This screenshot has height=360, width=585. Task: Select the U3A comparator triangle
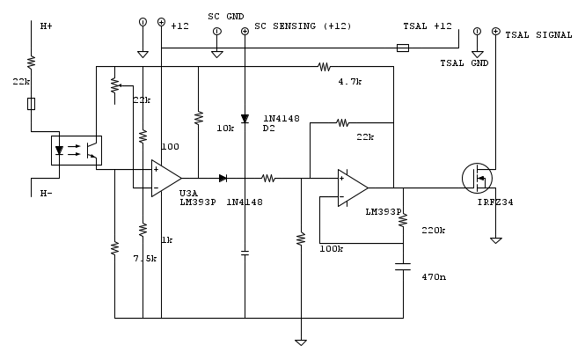tap(165, 179)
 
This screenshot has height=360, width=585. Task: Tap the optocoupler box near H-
tap(76, 151)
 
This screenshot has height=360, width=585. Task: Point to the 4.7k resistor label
tap(350, 81)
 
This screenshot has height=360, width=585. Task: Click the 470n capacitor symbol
tap(403, 267)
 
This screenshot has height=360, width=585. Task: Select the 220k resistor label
tap(434, 231)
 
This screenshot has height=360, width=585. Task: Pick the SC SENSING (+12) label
tap(302, 26)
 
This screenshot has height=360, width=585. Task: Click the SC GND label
tap(226, 17)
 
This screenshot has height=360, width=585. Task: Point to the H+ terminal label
tap(47, 26)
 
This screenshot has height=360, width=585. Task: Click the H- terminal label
tap(47, 193)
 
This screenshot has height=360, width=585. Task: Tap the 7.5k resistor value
tap(144, 258)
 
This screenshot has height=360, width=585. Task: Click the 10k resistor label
tap(224, 128)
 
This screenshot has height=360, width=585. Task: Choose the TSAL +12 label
tap(427, 26)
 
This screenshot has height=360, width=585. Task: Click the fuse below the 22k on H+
tap(31, 104)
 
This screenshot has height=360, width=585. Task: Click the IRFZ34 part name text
tap(494, 202)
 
